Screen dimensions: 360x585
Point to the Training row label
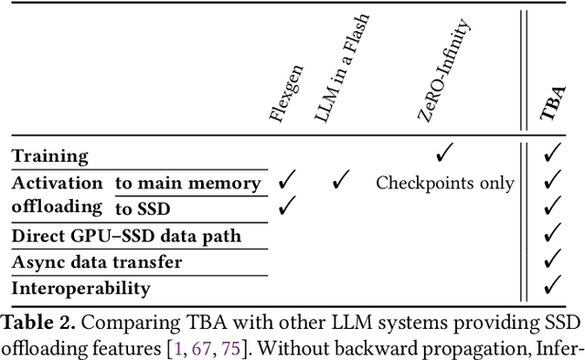point(49,156)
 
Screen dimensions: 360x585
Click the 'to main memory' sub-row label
point(187,183)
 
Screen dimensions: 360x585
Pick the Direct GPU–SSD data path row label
point(126,236)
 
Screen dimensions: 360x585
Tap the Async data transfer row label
point(97,262)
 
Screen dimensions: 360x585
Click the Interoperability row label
point(81,289)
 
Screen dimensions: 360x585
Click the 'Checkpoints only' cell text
point(445,183)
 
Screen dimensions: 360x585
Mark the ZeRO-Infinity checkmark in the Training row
point(445,154)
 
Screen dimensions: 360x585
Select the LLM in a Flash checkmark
point(341,181)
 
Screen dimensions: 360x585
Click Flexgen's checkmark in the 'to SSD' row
point(287,207)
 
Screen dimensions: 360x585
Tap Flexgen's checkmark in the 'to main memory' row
point(287,181)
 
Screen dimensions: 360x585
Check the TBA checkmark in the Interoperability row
point(551,288)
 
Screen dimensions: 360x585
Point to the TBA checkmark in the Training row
point(551,154)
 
